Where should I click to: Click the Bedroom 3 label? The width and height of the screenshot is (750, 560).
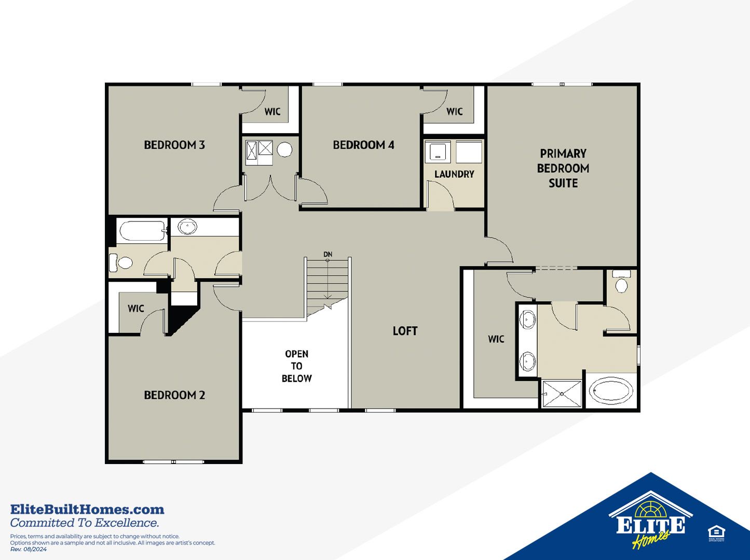coord(174,145)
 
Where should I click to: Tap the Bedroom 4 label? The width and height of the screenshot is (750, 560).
coord(363,145)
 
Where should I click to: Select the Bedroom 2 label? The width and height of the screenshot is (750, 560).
coord(174,395)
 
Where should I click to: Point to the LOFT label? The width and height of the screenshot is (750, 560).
coord(405,331)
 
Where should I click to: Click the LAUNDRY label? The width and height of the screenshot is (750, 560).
coord(454,174)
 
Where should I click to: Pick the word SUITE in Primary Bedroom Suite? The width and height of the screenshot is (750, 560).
coord(563,183)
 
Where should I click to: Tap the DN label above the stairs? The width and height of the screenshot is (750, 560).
coord(328,254)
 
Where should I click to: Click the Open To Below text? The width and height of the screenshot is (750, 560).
coord(296,366)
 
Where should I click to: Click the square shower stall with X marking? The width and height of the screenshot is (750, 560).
coord(562,394)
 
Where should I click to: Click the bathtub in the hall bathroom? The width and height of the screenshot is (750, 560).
coord(142,231)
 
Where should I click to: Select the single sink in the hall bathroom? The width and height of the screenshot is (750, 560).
coord(187,226)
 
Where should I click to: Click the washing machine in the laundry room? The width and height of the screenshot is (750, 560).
coord(438,152)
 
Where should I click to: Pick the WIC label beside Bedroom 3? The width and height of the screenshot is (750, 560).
coord(272,111)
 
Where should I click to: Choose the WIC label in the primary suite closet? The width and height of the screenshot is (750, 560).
coord(496,339)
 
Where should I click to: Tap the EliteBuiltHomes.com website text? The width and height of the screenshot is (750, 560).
coord(87,510)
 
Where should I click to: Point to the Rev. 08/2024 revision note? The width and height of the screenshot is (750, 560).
coord(29,550)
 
